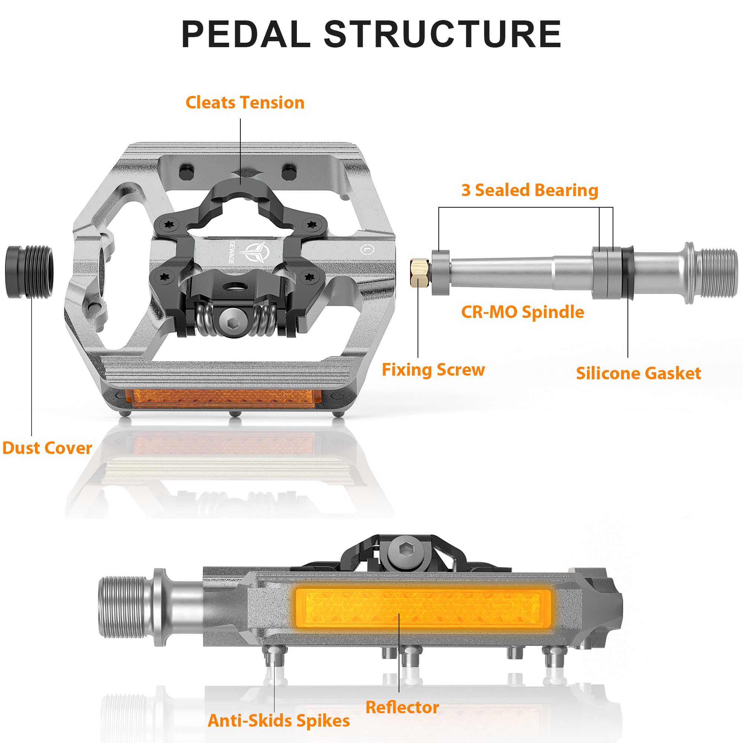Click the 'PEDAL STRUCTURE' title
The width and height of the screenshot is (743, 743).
[371, 35]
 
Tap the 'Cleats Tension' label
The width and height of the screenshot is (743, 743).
[245, 103]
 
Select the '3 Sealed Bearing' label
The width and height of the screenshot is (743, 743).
[529, 190]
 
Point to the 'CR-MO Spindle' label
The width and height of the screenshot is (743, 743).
[522, 312]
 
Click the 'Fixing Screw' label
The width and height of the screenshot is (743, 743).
[433, 370]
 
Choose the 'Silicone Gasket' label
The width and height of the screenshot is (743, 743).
[638, 373]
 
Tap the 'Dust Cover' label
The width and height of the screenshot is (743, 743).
[47, 448]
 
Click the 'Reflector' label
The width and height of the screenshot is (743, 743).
[402, 707]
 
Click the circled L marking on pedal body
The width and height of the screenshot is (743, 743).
[367, 250]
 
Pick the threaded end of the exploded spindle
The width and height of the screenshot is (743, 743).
[718, 272]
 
